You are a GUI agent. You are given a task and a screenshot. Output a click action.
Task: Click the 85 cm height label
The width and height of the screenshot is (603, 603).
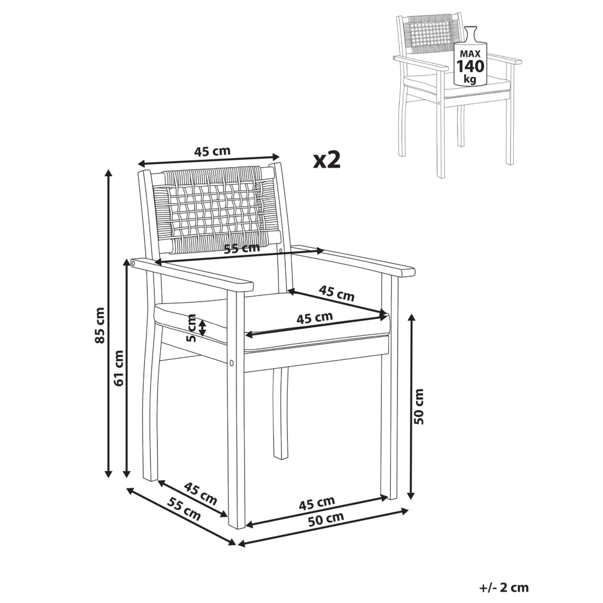pyautogui.click(x=100, y=325)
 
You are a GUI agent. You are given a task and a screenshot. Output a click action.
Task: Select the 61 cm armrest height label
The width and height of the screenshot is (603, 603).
pyautogui.click(x=119, y=368)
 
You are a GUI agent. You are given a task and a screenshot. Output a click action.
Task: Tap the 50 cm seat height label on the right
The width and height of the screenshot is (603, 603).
pyautogui.click(x=419, y=406)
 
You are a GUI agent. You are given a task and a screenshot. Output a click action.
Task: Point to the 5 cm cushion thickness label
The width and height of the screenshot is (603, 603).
pyautogui.click(x=191, y=327)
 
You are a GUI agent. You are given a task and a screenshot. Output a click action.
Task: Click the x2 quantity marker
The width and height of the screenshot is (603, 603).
pyautogui.click(x=327, y=160)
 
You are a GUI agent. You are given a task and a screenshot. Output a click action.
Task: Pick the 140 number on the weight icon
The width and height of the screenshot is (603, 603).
pyautogui.click(x=470, y=66)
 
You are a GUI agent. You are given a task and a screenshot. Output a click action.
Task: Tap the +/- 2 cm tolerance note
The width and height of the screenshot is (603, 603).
pyautogui.click(x=504, y=587)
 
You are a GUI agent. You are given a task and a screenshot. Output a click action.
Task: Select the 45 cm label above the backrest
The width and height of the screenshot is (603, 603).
pyautogui.click(x=212, y=151)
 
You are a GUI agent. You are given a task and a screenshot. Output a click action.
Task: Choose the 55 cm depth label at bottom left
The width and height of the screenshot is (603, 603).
pyautogui.click(x=185, y=509)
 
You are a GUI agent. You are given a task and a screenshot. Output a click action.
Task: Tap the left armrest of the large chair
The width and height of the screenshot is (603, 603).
pyautogui.click(x=192, y=274)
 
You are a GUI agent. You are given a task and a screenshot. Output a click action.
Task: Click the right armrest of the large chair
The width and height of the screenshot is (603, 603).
pyautogui.click(x=353, y=262)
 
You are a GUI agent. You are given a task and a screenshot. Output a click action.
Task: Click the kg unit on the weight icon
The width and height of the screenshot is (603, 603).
pyautogui.click(x=470, y=79)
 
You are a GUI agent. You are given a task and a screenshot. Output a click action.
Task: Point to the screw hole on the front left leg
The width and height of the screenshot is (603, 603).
pyautogui.click(x=232, y=362)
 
